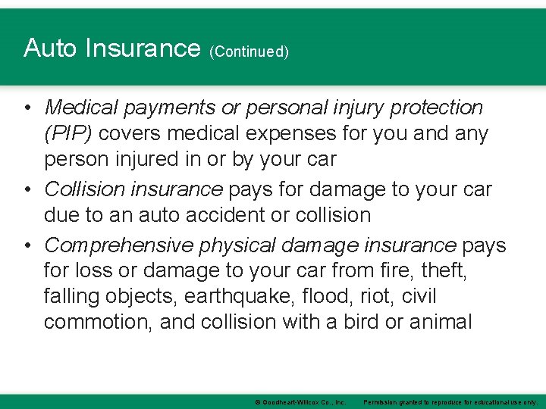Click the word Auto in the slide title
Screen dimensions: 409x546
[x=50, y=48]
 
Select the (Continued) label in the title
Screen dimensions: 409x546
[x=249, y=52]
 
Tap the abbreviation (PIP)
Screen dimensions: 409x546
[x=68, y=133]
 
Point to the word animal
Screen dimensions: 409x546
[x=440, y=322]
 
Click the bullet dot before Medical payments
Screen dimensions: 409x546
[x=27, y=108]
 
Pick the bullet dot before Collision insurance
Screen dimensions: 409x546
[x=27, y=189]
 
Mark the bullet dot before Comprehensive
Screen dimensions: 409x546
[x=27, y=245]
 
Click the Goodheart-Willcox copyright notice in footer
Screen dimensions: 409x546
[x=301, y=401]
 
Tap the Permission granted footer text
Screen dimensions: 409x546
[x=451, y=401]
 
